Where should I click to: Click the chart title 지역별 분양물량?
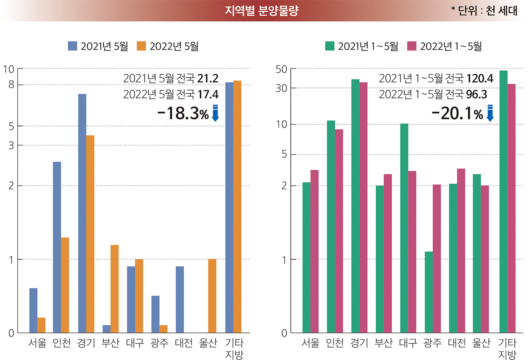[x=261, y=11]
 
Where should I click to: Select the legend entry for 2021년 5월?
[x=98, y=46]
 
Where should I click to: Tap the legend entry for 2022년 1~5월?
[x=444, y=46]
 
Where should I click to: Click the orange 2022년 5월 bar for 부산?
[x=114, y=289]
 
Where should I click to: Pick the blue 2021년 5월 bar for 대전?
[x=180, y=299]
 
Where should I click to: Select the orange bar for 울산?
[x=212, y=296]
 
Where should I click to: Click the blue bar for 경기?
[x=82, y=213]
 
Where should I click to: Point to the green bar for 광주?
[x=429, y=292]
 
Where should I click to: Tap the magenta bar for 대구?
[x=412, y=251]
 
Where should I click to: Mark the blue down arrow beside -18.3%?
[x=215, y=113]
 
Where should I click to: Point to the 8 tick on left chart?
[x=11, y=85]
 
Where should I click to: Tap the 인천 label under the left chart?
[x=61, y=343]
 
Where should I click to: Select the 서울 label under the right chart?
[x=311, y=343]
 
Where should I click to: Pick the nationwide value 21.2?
[x=208, y=78]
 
